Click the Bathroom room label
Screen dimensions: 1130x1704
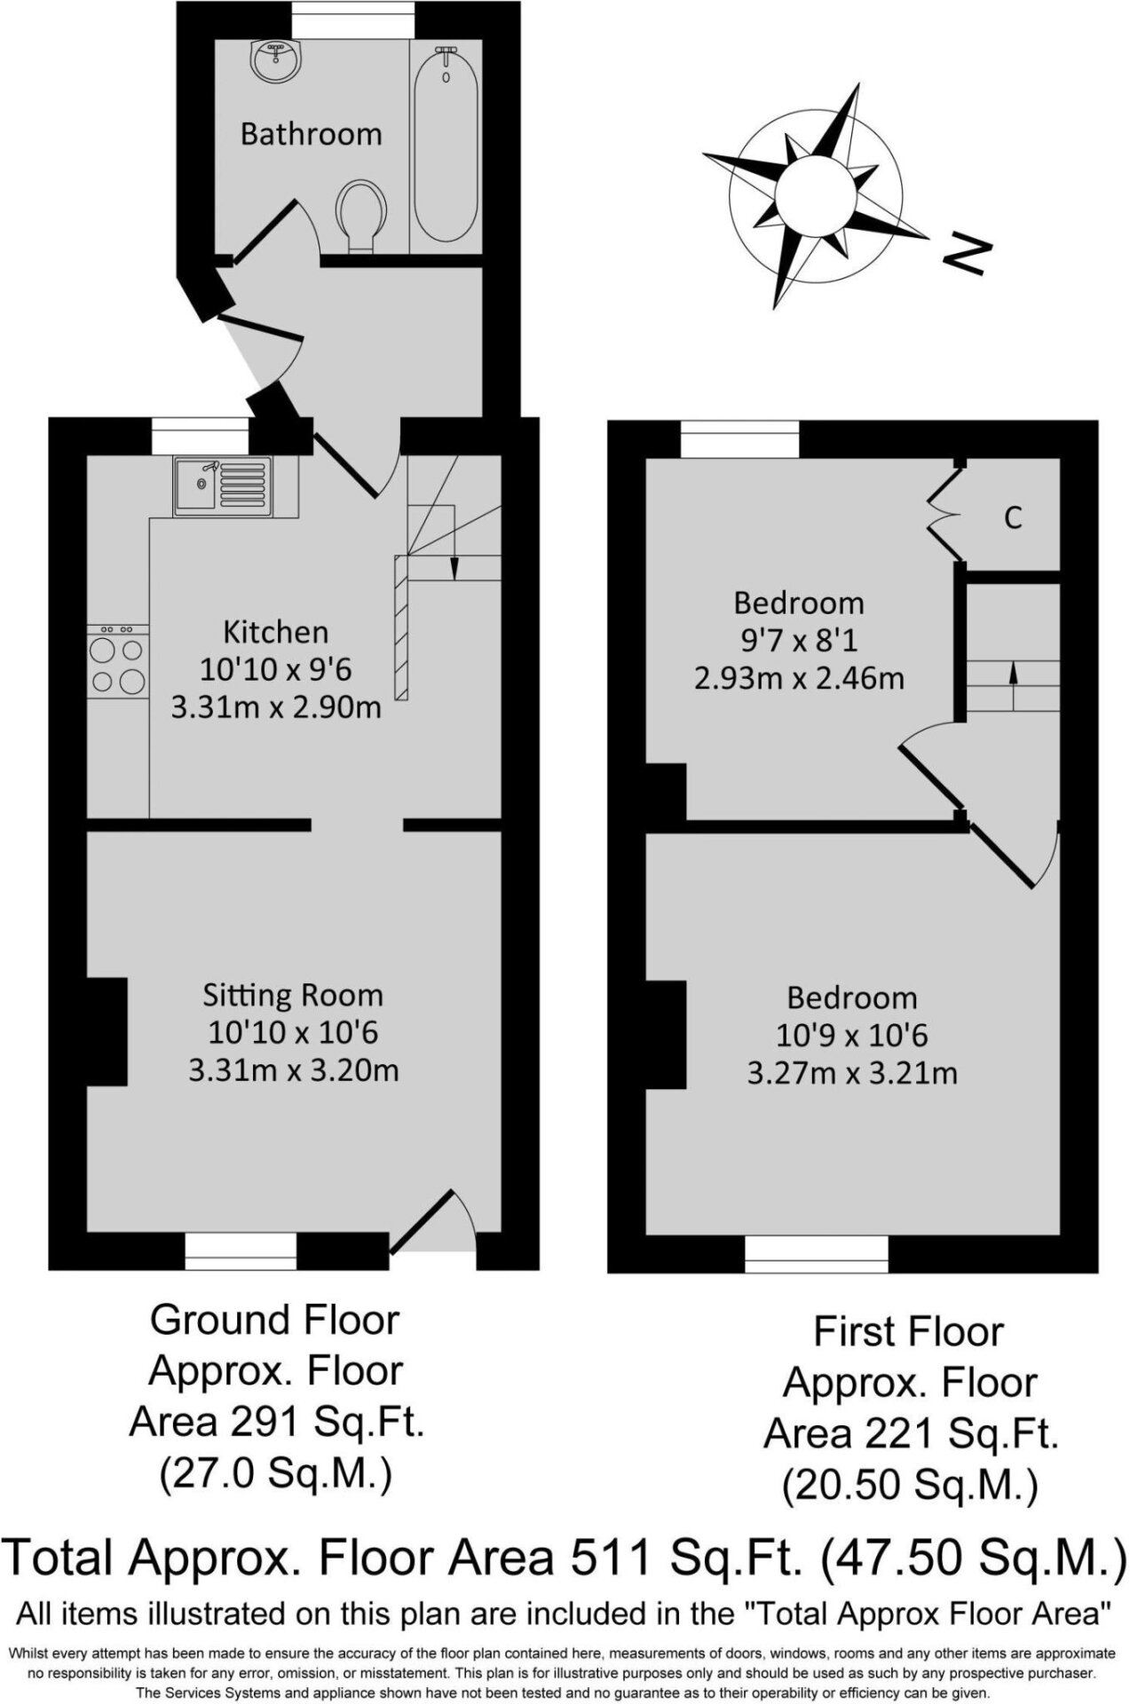point(311,134)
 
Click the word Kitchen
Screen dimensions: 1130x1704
point(275,632)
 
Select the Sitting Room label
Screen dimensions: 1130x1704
point(293,996)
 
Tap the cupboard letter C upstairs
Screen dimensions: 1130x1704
point(1013,517)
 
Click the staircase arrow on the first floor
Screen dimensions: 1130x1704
point(1013,685)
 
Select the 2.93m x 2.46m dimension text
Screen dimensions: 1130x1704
point(799,679)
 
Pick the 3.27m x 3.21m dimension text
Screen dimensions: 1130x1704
point(852,1074)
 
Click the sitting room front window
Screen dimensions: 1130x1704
point(241,1251)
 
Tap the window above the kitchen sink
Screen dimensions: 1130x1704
point(200,437)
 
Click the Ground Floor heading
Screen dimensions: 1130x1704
point(275,1321)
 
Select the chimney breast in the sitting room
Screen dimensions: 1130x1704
point(107,1031)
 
